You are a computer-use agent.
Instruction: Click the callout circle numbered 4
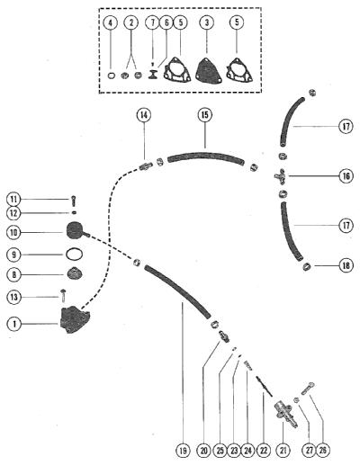click(x=111, y=22)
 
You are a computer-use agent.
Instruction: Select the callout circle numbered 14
click(x=144, y=115)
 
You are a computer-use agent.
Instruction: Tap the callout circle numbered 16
click(x=346, y=176)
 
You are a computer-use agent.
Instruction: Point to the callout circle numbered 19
click(x=183, y=450)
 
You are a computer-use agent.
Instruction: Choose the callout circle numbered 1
click(x=14, y=324)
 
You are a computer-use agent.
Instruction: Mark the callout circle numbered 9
click(x=13, y=255)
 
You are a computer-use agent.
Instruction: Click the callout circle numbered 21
click(x=283, y=450)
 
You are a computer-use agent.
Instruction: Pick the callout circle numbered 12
click(x=13, y=213)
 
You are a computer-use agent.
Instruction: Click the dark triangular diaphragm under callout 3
click(x=208, y=71)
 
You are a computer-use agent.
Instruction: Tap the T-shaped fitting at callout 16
click(x=280, y=176)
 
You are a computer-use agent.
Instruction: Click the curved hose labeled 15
click(x=205, y=156)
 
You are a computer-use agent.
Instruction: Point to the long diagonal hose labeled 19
click(x=177, y=291)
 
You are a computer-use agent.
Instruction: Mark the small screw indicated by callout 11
click(x=74, y=201)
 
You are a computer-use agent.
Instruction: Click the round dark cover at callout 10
click(x=74, y=231)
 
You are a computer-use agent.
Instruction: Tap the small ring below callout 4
click(x=112, y=76)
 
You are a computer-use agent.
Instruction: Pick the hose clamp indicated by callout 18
click(x=307, y=266)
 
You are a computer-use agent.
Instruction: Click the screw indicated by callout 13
click(x=63, y=295)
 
